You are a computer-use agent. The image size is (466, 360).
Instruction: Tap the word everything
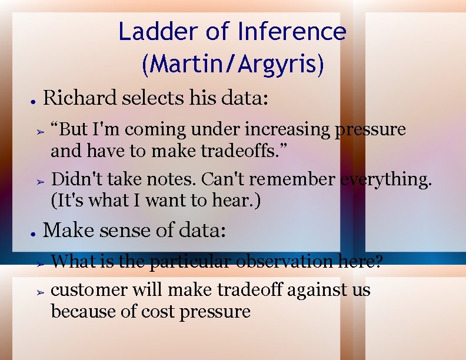coord(386,179)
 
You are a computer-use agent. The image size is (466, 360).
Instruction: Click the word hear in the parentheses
coord(233,201)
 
